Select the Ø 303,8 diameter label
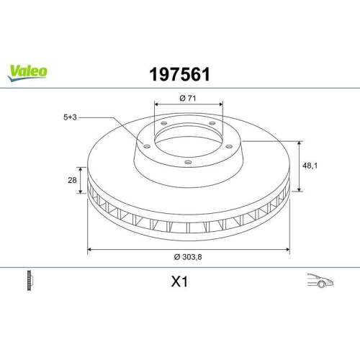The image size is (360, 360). (x=189, y=258)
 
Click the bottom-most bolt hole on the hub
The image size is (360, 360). (x=188, y=163)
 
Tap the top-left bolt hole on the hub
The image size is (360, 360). (x=164, y=124)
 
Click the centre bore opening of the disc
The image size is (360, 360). (x=189, y=140)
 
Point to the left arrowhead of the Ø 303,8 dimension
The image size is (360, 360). (x=89, y=250)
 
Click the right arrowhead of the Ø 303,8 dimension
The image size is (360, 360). (x=287, y=250)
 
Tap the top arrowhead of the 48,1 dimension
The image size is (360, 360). (x=298, y=143)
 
